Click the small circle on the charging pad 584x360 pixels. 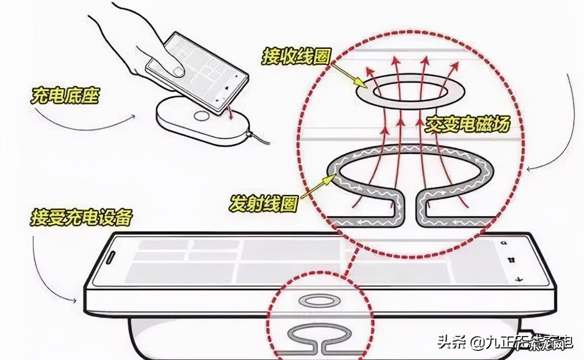click(203, 116)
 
